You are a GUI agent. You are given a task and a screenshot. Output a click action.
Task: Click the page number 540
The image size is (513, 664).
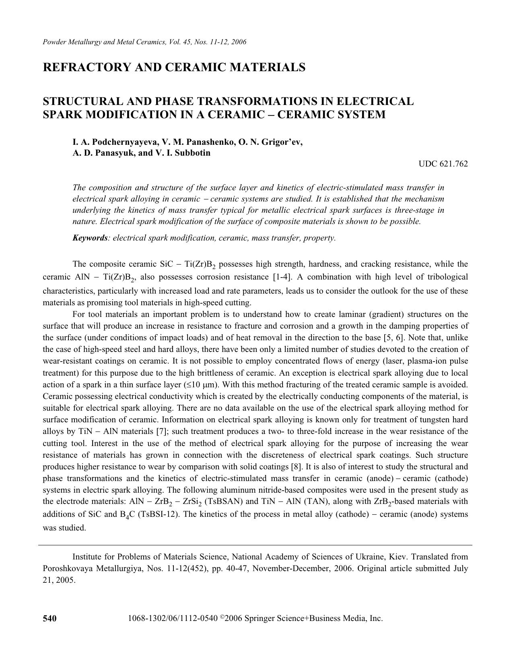tap(50, 619)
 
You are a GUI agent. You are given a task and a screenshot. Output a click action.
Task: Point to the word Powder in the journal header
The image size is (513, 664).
tap(53, 42)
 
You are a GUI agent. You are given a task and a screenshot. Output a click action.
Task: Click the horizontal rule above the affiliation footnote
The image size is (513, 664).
tap(255, 545)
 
